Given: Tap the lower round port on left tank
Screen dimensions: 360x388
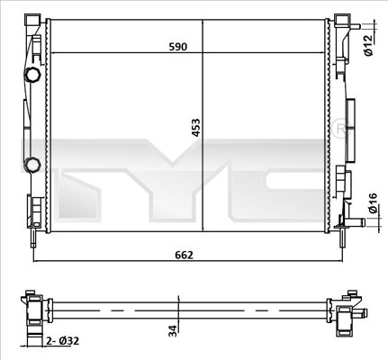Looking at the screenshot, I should point(32,165).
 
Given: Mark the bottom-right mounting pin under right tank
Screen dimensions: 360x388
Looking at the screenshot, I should point(342,238).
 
